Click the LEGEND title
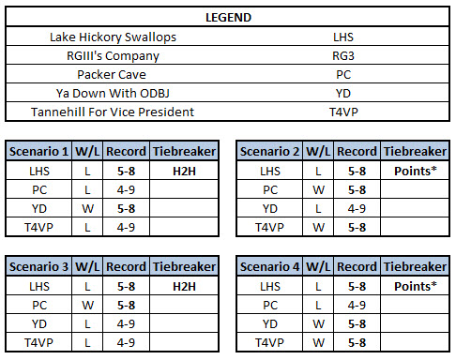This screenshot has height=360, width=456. [228, 17]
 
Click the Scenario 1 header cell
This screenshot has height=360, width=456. [38, 151]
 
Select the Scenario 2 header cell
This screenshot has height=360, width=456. [270, 151]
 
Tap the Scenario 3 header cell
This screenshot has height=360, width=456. [38, 267]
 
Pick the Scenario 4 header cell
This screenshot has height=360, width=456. [270, 267]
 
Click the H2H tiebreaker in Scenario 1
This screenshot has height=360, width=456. [183, 172]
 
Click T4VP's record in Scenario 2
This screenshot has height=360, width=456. [357, 228]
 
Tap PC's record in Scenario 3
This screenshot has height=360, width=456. [125, 306]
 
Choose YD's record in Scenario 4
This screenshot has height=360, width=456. [357, 324]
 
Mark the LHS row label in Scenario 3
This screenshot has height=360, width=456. [38, 287]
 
